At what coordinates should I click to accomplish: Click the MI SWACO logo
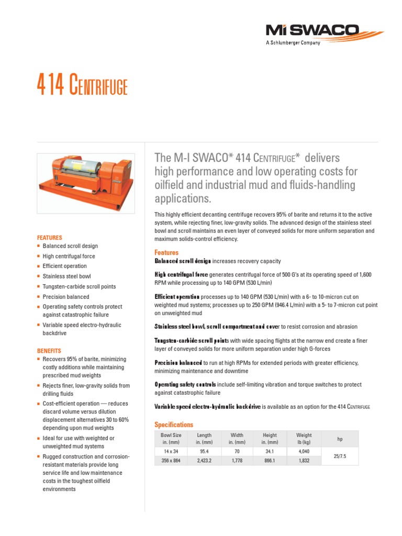[312, 30]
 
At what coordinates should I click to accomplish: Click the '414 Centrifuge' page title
[82, 86]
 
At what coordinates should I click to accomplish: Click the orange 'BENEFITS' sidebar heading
[49, 351]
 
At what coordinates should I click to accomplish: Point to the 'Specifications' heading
[174, 425]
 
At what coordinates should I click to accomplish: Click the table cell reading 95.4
[204, 451]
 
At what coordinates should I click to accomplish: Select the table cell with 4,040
[304, 451]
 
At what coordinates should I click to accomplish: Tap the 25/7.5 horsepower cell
[340, 456]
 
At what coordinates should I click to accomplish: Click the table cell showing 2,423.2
[204, 461]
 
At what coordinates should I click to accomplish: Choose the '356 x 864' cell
[171, 461]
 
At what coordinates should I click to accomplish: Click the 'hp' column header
[340, 439]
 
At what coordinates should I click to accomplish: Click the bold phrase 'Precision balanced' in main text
[178, 363]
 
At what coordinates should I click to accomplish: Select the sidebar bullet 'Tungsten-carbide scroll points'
[79, 287]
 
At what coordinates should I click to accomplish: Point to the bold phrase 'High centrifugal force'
[181, 275]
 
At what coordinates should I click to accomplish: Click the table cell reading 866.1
[270, 461]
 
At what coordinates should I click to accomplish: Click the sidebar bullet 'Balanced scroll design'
[70, 246]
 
